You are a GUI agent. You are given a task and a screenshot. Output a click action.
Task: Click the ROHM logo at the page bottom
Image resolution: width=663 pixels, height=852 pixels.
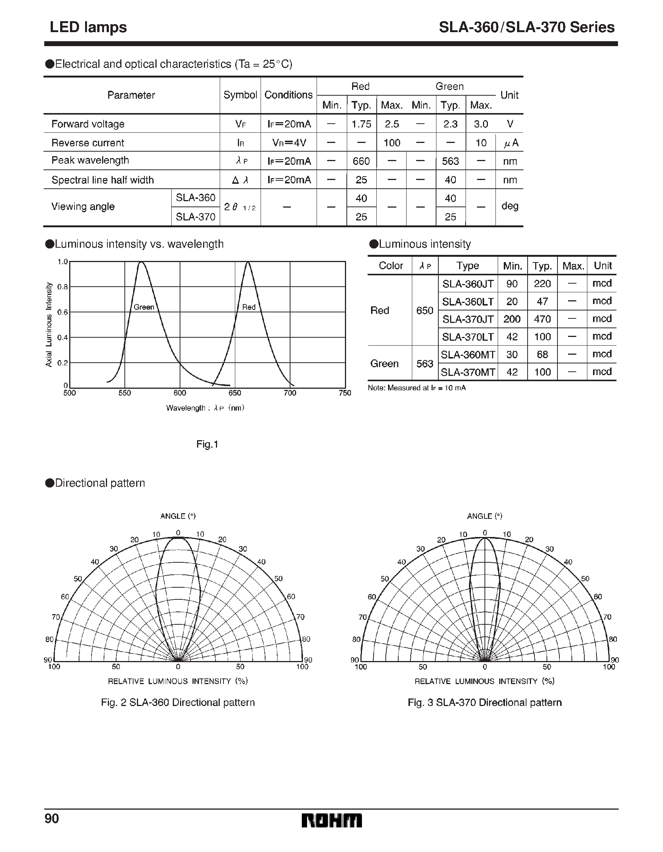point(331,820)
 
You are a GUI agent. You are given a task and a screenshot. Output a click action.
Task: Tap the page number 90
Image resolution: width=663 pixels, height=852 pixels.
point(51,818)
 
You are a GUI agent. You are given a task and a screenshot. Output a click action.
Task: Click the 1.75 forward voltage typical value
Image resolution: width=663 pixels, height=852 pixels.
point(361,124)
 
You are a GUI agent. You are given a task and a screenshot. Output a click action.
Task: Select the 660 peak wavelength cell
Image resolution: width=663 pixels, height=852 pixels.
point(361,161)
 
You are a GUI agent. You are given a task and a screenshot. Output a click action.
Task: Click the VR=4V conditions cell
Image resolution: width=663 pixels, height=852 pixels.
point(289,143)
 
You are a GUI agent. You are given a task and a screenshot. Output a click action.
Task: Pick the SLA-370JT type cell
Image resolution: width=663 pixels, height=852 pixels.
point(467,319)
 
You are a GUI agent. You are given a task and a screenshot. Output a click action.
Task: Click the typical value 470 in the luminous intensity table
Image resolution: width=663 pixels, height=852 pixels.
point(542,319)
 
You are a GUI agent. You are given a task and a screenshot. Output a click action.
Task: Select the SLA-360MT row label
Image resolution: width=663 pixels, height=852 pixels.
point(467,355)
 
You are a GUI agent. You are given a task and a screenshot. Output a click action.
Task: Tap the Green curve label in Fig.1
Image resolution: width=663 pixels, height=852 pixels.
point(144,307)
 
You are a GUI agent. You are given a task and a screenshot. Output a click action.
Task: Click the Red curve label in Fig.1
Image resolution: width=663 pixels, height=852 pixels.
point(248,307)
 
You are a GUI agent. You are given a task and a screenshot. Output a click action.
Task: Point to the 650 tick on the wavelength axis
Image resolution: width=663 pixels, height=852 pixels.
point(234,393)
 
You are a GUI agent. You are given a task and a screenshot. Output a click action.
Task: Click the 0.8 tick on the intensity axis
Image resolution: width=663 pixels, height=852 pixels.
point(62,287)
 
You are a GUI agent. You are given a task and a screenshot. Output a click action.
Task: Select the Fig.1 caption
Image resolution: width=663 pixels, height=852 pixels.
point(207,444)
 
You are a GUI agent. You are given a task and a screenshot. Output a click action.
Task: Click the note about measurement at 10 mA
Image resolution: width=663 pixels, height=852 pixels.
point(416,388)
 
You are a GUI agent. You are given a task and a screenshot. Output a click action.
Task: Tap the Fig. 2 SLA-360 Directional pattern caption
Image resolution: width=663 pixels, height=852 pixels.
point(177,703)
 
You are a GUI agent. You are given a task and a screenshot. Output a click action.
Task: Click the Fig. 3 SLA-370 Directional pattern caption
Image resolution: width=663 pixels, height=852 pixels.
point(484,703)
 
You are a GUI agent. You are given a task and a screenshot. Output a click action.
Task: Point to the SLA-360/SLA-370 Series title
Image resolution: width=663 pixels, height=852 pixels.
point(526,27)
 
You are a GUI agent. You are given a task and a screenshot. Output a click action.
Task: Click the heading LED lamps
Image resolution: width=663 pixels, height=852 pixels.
point(88,27)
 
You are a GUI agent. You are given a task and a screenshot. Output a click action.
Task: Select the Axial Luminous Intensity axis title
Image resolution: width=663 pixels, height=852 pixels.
point(49,324)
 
